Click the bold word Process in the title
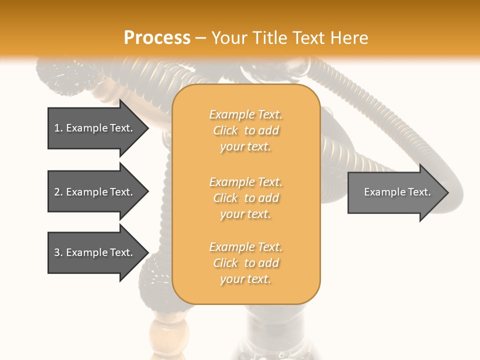point(157,38)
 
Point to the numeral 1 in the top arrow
point(57,128)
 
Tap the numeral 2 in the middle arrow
point(57,192)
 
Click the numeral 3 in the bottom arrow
point(57,252)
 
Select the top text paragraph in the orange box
point(246,130)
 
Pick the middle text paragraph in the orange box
point(246,197)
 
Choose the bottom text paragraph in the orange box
point(246,263)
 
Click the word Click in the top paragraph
point(225,130)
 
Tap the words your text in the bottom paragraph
point(245,279)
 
